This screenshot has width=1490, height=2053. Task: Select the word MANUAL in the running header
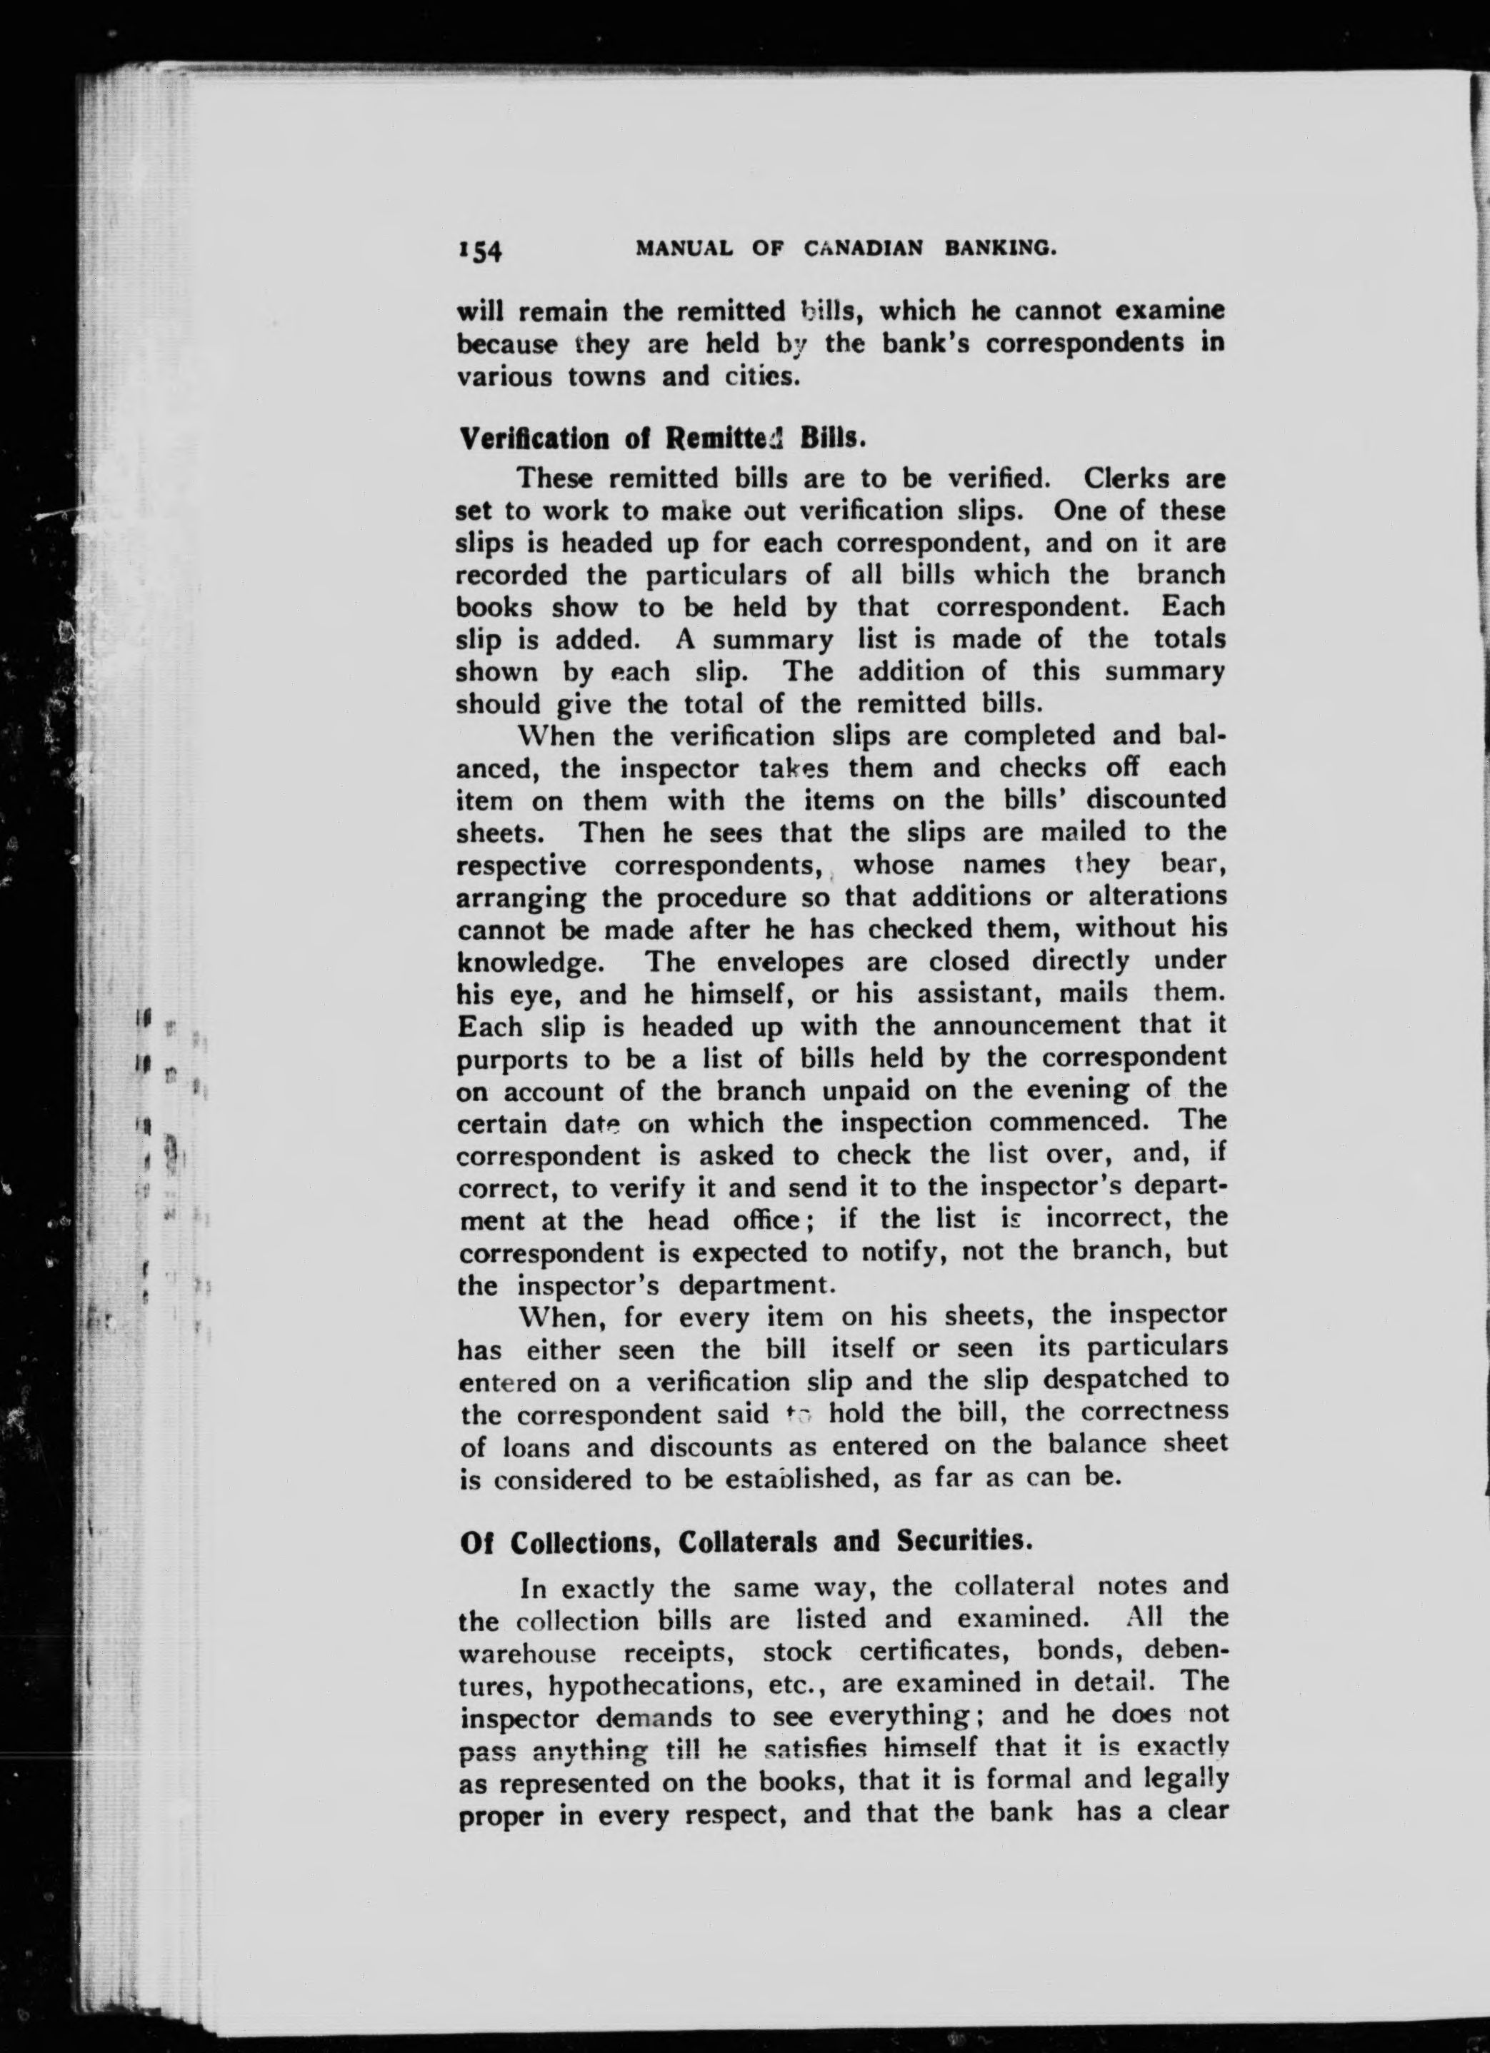pos(684,248)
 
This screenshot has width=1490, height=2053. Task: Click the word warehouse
pos(527,1653)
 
